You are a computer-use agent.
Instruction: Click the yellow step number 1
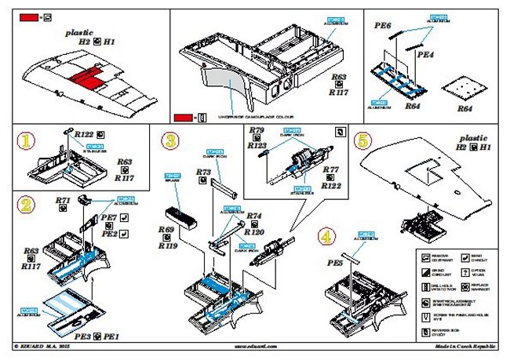point(27,141)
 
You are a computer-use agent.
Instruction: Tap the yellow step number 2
point(27,206)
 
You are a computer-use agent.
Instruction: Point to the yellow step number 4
point(326,235)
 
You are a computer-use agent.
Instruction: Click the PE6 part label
point(383,26)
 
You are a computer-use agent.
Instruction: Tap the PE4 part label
point(425,56)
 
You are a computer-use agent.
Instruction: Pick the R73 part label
point(203,171)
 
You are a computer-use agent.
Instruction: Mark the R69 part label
point(165,229)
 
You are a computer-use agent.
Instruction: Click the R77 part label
point(330,169)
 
